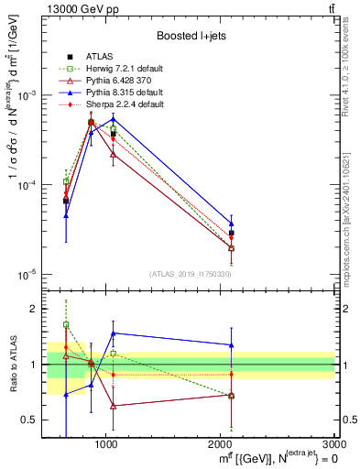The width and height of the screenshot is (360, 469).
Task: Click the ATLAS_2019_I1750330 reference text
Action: click(x=190, y=274)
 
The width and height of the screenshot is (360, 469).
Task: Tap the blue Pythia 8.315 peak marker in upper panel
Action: click(x=113, y=119)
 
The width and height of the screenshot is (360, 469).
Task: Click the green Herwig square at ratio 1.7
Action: click(x=66, y=324)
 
